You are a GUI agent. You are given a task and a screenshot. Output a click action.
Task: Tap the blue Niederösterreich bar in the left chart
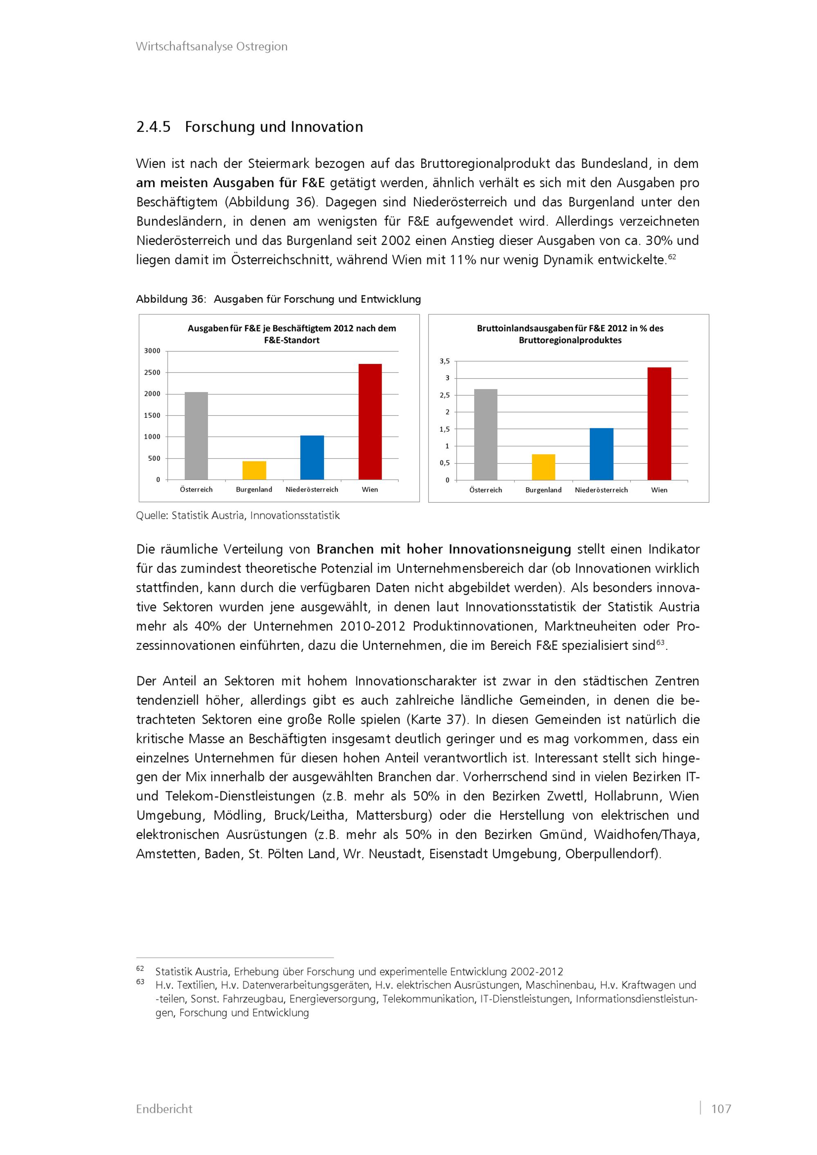(x=312, y=457)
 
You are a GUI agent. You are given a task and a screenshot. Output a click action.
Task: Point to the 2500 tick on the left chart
(x=152, y=372)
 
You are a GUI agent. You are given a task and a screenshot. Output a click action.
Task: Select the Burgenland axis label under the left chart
(x=254, y=489)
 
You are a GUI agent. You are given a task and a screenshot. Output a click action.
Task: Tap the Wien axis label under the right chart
(x=659, y=490)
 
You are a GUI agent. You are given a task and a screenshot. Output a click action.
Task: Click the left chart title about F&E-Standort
(x=292, y=334)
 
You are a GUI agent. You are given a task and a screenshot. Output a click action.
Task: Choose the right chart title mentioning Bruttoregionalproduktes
(x=570, y=334)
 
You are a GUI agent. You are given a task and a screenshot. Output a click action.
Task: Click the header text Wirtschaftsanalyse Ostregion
(x=212, y=46)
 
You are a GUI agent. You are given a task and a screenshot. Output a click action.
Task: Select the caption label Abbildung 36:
(x=171, y=299)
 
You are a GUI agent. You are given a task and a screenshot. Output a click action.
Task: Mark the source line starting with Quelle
(x=238, y=515)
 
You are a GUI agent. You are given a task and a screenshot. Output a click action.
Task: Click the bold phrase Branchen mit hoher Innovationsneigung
(x=444, y=549)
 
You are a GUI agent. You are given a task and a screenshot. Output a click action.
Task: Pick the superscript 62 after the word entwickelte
(x=672, y=257)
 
